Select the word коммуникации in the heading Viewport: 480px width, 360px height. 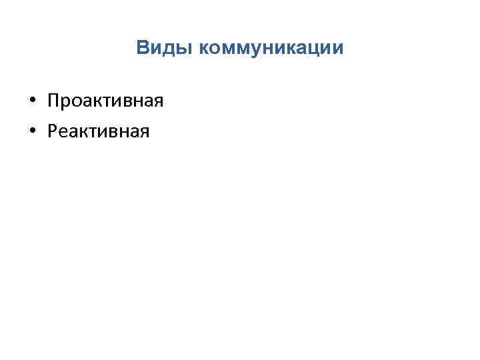271,48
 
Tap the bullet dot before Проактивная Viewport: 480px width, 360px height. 32,103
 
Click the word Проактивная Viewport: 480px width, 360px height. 105,101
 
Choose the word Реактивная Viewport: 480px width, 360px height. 99,132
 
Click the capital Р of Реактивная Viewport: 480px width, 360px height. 53,132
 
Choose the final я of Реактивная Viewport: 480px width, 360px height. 144,133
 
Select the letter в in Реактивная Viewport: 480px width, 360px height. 108,133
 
